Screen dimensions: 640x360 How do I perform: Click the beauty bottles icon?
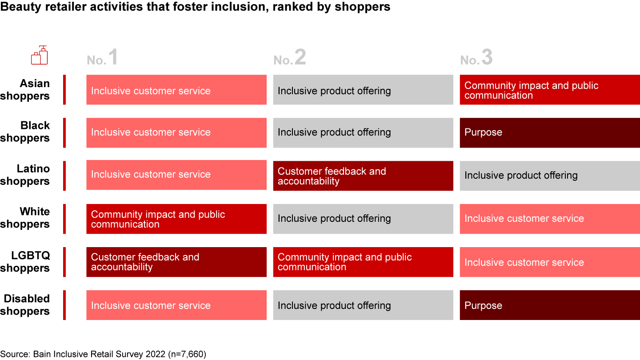[40, 55]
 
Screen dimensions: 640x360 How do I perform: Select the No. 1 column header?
[102, 57]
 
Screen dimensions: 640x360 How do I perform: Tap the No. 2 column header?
[290, 57]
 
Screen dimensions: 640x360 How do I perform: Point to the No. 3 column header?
[476, 57]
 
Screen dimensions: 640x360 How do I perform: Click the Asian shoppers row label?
[25, 90]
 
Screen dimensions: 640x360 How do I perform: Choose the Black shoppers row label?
[25, 132]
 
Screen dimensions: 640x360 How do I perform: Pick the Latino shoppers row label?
[25, 175]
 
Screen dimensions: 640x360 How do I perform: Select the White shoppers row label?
[25, 218]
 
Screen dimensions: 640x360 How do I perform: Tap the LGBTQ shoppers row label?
[25, 262]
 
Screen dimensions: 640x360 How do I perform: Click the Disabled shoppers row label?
[25, 305]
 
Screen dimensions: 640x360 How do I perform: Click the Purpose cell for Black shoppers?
[550, 133]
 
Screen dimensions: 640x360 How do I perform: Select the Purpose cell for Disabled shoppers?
[550, 305]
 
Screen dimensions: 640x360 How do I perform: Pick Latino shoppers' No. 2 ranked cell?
[363, 176]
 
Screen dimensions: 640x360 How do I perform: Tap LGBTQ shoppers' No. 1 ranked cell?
[176, 262]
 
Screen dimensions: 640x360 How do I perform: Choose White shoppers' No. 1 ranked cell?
[176, 219]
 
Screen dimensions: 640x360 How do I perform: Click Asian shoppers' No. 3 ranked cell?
[550, 90]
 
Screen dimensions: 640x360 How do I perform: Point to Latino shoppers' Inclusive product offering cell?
[550, 176]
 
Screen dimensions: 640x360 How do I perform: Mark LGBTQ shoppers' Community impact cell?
[363, 262]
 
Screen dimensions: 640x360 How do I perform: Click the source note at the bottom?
[103, 354]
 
